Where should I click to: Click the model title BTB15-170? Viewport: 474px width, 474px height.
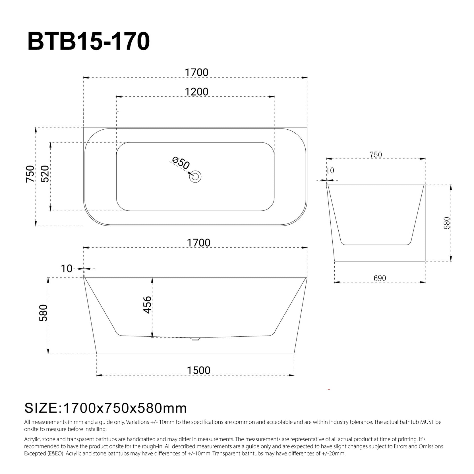pyautogui.click(x=88, y=42)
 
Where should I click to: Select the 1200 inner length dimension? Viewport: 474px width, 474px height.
pyautogui.click(x=196, y=92)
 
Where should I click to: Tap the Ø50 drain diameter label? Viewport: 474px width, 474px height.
pyautogui.click(x=181, y=163)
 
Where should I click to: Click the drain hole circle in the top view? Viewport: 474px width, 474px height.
pyautogui.click(x=195, y=176)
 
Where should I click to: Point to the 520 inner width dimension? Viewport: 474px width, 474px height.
pyautogui.click(x=45, y=174)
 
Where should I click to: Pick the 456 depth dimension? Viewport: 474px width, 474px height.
pyautogui.click(x=147, y=305)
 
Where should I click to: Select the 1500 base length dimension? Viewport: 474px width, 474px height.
pyautogui.click(x=198, y=370)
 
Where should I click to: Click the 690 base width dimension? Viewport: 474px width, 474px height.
pyautogui.click(x=380, y=278)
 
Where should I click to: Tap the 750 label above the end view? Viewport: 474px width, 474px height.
pyautogui.click(x=376, y=155)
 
